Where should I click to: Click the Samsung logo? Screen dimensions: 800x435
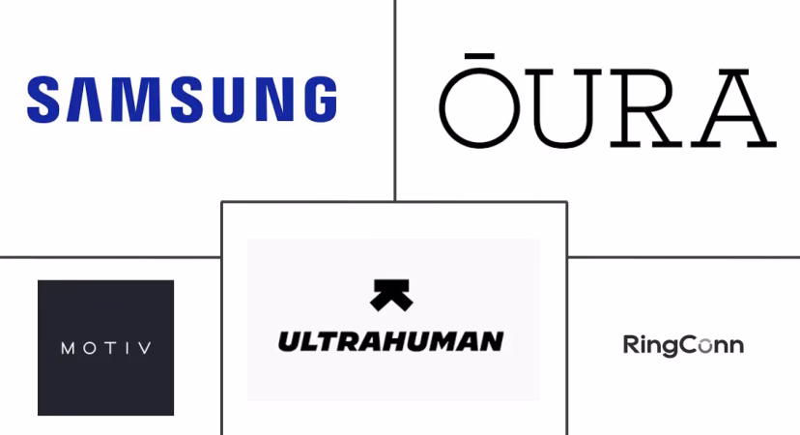coord(182,100)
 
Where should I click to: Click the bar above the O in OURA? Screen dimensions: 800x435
coord(479,56)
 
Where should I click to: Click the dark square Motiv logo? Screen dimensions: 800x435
coord(105,348)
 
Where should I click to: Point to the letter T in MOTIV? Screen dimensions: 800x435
coord(107,348)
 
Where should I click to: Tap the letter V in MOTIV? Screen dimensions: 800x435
coord(145,349)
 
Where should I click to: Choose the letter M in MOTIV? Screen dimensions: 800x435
coord(68,349)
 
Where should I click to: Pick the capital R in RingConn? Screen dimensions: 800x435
coord(631,345)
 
